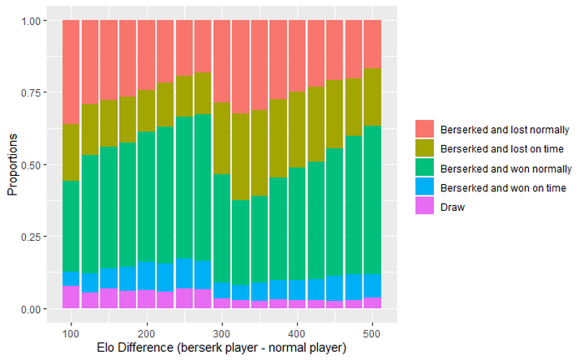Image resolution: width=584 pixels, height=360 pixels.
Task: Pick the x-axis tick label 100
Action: tap(71, 332)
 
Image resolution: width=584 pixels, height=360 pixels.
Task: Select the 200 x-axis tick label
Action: tap(146, 332)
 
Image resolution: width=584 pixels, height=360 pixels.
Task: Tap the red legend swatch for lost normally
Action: tap(424, 129)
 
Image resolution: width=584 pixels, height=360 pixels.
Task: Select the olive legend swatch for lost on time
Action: tap(424, 148)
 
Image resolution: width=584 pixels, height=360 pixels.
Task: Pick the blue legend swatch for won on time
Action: tap(424, 187)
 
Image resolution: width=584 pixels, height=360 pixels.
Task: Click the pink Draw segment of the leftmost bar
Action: tap(71, 297)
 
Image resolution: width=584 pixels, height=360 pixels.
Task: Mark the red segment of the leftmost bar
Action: tap(71, 72)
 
